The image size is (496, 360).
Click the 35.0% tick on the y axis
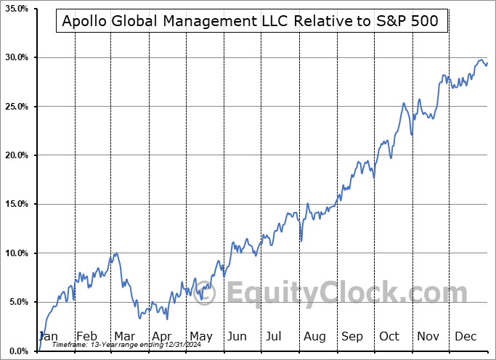(x=16, y=9)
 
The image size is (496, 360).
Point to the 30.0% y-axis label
(x=16, y=57)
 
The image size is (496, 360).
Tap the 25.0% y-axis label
(x=16, y=107)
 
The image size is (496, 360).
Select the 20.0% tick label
(x=16, y=155)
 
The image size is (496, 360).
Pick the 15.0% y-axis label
(x=16, y=205)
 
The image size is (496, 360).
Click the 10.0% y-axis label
(x=16, y=253)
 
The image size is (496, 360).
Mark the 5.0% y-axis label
(x=18, y=302)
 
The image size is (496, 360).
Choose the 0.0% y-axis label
(x=18, y=351)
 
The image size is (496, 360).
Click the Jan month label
(x=48, y=336)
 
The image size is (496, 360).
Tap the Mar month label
(x=123, y=336)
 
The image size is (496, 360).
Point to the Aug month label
(x=314, y=336)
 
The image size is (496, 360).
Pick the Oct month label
(x=390, y=336)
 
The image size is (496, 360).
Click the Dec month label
(x=466, y=336)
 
